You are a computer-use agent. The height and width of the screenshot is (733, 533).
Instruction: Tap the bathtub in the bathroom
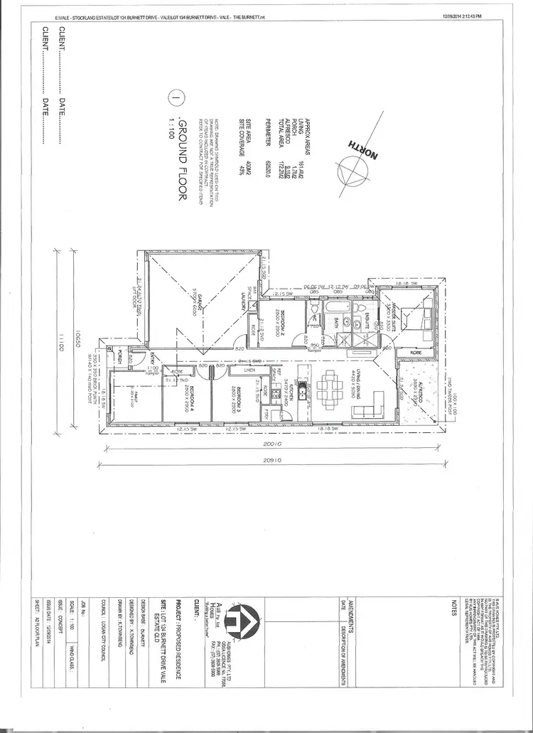coord(333,309)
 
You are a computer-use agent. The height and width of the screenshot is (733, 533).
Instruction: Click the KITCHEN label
coord(290,392)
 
